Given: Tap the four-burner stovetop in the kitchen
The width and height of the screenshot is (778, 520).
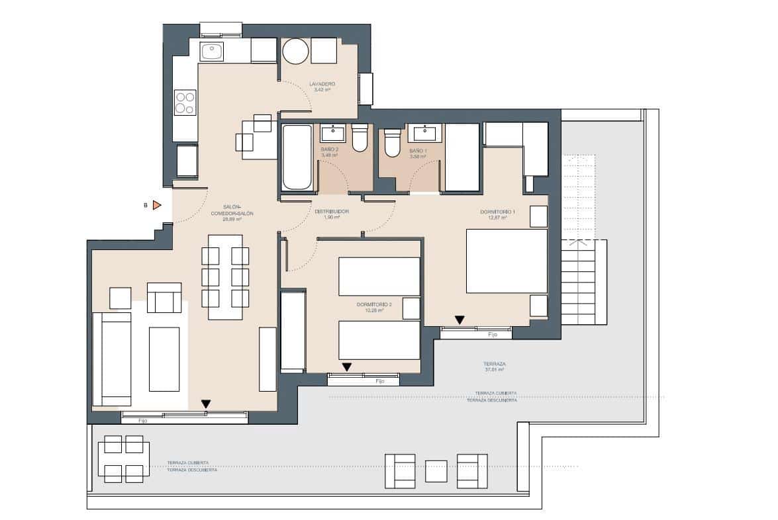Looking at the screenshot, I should point(185,103).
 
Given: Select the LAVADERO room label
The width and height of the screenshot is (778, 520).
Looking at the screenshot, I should point(322,85).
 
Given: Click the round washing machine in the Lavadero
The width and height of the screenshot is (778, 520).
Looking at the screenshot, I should point(295,51).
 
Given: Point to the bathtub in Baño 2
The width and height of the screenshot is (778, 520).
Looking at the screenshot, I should point(297,157).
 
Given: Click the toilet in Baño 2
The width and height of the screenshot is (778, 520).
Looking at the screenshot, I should point(360,138).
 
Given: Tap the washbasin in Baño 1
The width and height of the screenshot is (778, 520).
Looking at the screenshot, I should point(424,133).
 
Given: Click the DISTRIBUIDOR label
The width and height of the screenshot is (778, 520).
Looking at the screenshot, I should point(332,212).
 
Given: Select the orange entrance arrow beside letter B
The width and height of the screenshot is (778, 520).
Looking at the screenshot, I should point(157,206).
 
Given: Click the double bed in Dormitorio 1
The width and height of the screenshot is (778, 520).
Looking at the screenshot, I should point(507,261).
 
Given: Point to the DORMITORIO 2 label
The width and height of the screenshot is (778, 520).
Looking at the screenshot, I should point(374,305).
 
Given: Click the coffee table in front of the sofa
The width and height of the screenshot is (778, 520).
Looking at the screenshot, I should point(164,359).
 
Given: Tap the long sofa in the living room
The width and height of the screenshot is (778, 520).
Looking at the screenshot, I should point(111,359).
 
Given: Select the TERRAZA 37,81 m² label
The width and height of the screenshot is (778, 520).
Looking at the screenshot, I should point(495,366).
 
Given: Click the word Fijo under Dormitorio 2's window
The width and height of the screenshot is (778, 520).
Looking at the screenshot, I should point(379,382).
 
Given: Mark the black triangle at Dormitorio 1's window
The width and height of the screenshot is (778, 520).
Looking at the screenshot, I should point(460,320).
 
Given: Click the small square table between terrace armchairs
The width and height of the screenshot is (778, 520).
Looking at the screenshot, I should point(436,470).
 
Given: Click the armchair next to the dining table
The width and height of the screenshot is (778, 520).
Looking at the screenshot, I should point(164,298).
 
